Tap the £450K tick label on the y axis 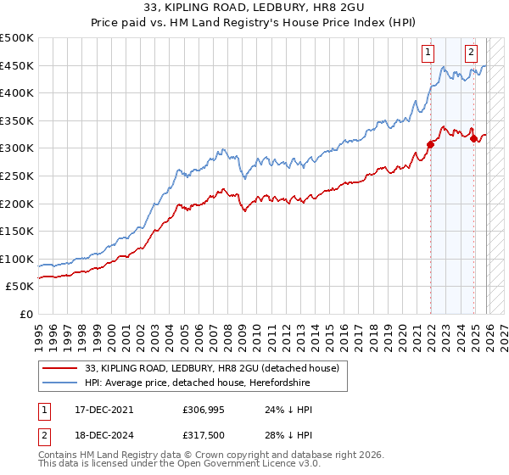17,65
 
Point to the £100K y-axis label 17,259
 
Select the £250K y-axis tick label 17,176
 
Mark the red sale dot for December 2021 430,144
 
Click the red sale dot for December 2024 474,138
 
